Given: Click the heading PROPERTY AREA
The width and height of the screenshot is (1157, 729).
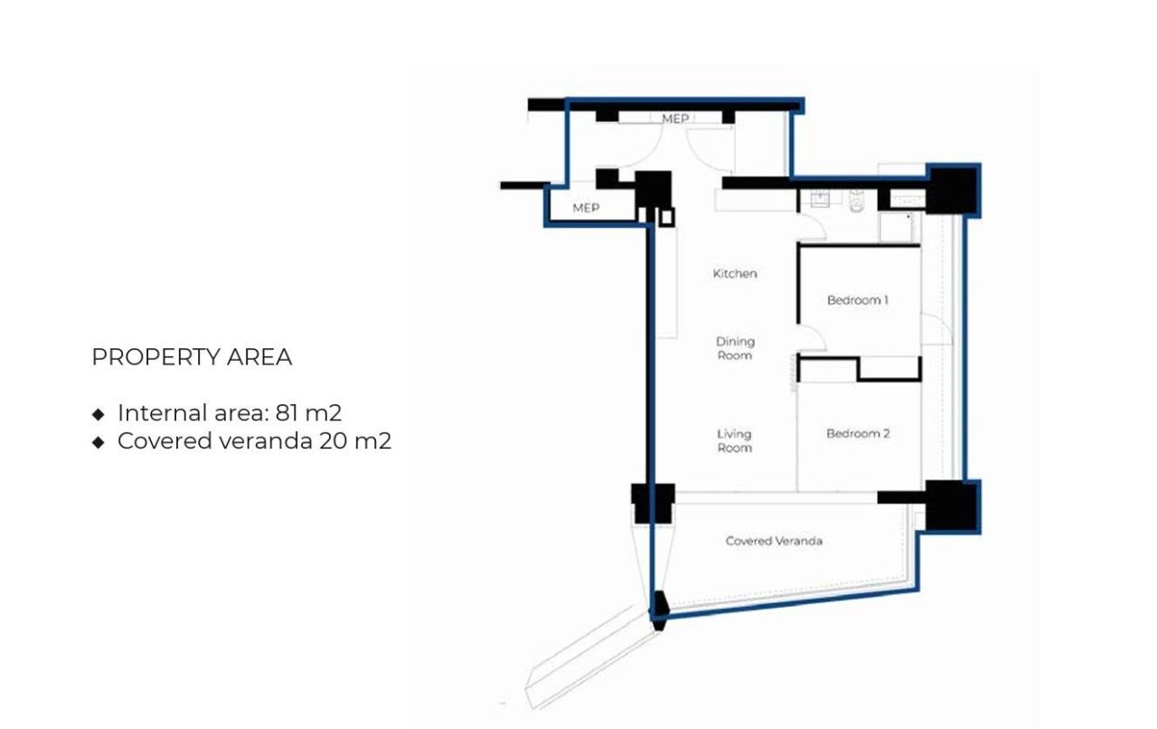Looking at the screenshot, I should click(x=192, y=357).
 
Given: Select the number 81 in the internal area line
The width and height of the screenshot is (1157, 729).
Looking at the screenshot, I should click(x=287, y=413).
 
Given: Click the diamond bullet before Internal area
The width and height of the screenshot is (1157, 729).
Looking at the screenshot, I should click(x=99, y=414).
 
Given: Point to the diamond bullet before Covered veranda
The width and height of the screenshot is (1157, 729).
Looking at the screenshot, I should click(x=99, y=442).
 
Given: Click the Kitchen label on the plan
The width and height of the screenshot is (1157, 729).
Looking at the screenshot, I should click(x=735, y=273).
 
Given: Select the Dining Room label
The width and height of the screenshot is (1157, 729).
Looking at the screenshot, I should click(x=735, y=348).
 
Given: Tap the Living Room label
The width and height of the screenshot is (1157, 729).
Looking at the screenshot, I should click(x=734, y=440).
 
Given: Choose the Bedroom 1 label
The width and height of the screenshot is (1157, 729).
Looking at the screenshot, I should click(x=858, y=299).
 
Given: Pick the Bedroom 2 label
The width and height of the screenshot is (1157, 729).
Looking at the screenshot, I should click(x=858, y=433).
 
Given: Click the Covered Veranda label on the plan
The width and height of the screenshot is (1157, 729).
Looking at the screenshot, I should click(x=774, y=541).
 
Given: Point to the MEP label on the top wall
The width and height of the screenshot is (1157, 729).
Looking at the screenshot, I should click(x=675, y=118).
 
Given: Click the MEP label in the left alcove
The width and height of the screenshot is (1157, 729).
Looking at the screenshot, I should click(x=586, y=208).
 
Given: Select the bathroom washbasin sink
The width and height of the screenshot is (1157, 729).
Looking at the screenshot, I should click(x=821, y=199).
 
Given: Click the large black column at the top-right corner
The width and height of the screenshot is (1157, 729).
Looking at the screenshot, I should click(x=953, y=190).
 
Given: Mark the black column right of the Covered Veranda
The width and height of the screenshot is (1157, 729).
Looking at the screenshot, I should click(x=951, y=507).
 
